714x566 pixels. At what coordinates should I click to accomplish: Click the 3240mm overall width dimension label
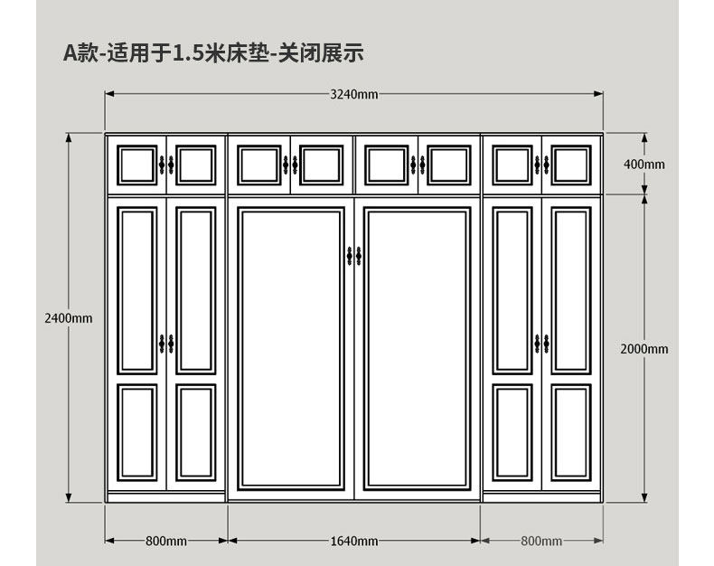(x=354, y=94)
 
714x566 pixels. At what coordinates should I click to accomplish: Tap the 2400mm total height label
(x=69, y=317)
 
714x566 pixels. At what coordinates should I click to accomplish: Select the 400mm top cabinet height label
(x=644, y=164)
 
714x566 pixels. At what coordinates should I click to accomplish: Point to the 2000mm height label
(x=644, y=348)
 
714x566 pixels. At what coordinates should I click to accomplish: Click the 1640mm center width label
(x=354, y=541)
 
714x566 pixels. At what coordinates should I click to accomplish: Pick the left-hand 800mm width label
(x=166, y=541)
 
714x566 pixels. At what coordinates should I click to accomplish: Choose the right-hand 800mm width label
(x=540, y=541)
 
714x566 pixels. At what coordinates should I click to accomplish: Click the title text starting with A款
(x=213, y=53)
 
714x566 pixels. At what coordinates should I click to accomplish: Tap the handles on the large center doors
(x=354, y=256)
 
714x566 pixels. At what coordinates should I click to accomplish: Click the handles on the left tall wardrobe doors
(x=166, y=344)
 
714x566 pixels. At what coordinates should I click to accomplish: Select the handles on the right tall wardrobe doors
(x=541, y=344)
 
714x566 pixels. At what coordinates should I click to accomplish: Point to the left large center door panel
(x=291, y=348)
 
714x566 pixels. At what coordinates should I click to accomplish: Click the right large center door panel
(x=418, y=348)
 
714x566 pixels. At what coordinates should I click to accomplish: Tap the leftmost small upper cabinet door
(x=136, y=165)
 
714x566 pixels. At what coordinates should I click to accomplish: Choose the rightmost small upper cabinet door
(x=571, y=165)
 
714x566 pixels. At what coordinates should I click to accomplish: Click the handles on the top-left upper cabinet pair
(x=166, y=165)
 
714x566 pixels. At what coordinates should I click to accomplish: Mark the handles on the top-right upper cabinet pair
(x=541, y=165)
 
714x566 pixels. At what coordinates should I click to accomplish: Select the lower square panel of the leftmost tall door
(x=137, y=431)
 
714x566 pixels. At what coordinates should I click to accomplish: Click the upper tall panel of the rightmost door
(x=571, y=290)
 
